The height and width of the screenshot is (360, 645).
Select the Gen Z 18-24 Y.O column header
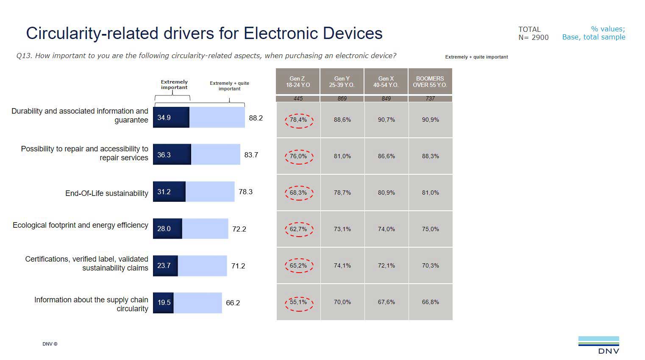tap(297, 81)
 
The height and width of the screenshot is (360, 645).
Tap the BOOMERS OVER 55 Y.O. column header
tap(430, 81)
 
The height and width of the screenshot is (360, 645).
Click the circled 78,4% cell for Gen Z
tap(298, 120)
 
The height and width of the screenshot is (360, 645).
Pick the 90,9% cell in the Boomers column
tap(430, 120)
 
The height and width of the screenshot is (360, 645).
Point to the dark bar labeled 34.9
tap(171, 117)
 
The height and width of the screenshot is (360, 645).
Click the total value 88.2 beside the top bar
tap(256, 118)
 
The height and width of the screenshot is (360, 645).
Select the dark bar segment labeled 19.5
tap(163, 303)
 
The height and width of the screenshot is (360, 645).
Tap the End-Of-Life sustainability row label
tap(106, 193)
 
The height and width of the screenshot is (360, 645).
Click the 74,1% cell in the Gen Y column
tap(342, 266)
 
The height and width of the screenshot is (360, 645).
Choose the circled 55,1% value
tap(298, 302)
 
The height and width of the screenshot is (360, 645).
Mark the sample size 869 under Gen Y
tap(342, 98)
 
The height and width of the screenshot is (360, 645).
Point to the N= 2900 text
tap(533, 37)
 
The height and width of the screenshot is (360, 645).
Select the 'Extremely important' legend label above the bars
tap(174, 85)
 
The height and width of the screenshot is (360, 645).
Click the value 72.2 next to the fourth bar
tap(239, 229)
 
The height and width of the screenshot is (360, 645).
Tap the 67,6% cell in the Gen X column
tap(386, 302)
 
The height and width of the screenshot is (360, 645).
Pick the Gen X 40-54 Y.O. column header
tap(386, 81)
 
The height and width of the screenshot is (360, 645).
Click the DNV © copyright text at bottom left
tap(50, 344)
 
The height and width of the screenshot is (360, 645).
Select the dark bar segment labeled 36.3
tap(172, 155)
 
